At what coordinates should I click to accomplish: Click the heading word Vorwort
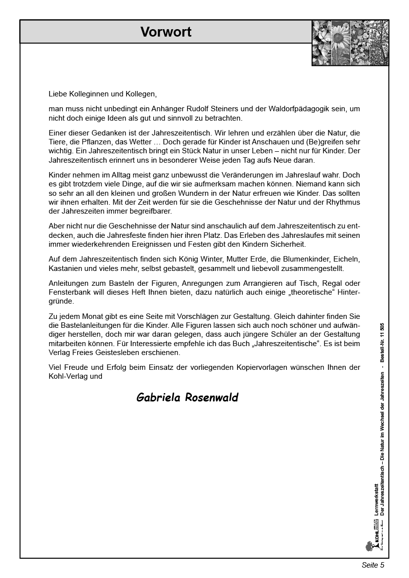[166, 32]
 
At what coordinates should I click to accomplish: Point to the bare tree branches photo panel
[378, 43]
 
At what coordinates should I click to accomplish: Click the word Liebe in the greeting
[57, 93]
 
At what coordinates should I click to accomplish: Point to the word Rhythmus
[344, 202]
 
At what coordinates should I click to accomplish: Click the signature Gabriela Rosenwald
[187, 398]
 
